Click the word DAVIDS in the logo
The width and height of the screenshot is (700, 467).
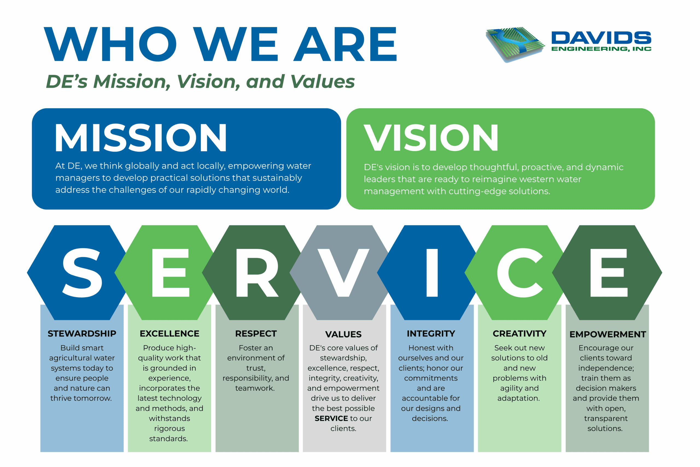point(601,38)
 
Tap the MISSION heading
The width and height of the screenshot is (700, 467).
point(141,138)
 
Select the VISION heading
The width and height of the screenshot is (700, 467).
point(431,138)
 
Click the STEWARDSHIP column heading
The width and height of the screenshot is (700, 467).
point(82,333)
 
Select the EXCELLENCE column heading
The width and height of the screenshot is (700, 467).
point(170,333)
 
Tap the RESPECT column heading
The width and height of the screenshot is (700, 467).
point(256,333)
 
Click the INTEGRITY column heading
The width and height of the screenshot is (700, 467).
point(431,333)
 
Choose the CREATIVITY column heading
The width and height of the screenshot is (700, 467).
point(520,333)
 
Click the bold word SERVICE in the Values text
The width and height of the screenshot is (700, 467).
point(331,419)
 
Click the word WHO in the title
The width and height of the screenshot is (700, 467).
point(110,44)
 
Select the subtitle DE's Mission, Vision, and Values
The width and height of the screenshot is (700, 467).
point(200,81)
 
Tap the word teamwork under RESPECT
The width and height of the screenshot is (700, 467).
point(255,388)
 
